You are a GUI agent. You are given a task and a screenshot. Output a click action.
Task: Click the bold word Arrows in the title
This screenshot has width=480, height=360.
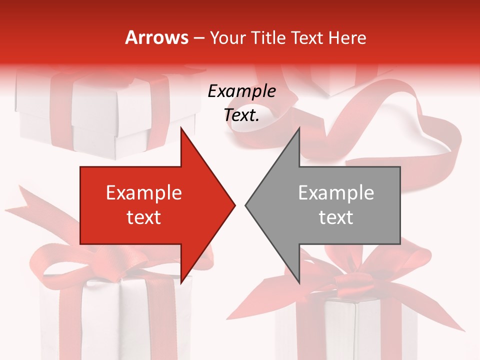[157, 37]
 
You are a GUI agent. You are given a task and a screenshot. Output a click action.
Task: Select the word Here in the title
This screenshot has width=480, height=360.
[347, 37]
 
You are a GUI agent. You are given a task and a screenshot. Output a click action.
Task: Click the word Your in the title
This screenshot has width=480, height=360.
[227, 37]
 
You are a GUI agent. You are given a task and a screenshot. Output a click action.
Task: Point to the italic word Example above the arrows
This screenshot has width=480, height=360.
[242, 91]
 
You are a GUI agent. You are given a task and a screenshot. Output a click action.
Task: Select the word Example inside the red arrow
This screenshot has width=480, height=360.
[144, 192]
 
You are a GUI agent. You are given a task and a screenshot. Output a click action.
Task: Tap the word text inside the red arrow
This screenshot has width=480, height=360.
[144, 217]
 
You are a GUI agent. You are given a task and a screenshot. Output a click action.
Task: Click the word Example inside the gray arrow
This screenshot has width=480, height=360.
[336, 192]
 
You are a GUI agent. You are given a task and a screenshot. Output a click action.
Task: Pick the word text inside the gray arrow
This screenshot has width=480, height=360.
[336, 217]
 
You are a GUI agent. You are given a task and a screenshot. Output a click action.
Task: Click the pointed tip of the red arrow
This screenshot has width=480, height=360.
[235, 205]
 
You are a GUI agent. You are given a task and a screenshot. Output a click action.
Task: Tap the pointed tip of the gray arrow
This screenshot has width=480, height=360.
[245, 205]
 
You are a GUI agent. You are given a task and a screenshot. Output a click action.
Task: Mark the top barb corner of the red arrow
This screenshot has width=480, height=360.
[181, 128]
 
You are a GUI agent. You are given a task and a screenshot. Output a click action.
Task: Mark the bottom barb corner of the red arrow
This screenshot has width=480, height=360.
[181, 283]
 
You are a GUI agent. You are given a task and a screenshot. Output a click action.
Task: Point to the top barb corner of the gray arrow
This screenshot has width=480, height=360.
[299, 128]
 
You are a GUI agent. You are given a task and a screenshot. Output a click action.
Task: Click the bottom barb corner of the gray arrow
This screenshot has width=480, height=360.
[299, 283]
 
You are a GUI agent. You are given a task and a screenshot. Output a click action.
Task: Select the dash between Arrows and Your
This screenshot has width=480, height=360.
[198, 38]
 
